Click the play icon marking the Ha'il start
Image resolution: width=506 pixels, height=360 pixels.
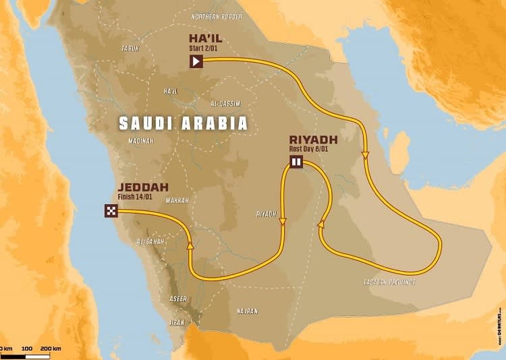click(x=196, y=61)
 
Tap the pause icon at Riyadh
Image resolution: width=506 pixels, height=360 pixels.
click(x=296, y=161)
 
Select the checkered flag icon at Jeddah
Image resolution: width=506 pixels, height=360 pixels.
click(x=111, y=210)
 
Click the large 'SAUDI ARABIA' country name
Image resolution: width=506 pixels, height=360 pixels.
click(x=183, y=123)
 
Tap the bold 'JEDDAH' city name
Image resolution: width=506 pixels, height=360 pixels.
click(x=143, y=187)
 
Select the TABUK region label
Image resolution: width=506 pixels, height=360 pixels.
click(x=130, y=48)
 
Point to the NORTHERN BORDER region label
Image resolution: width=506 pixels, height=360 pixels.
click(x=217, y=17)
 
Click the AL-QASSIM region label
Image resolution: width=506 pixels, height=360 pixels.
click(x=224, y=104)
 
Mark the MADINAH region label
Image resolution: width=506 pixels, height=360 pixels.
click(x=141, y=141)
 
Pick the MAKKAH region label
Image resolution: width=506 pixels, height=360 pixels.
click(x=176, y=200)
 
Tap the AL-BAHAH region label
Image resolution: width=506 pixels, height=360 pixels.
click(x=151, y=241)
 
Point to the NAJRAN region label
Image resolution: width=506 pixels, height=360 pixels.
click(x=247, y=311)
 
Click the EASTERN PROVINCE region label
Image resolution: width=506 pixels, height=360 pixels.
click(x=389, y=281)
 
